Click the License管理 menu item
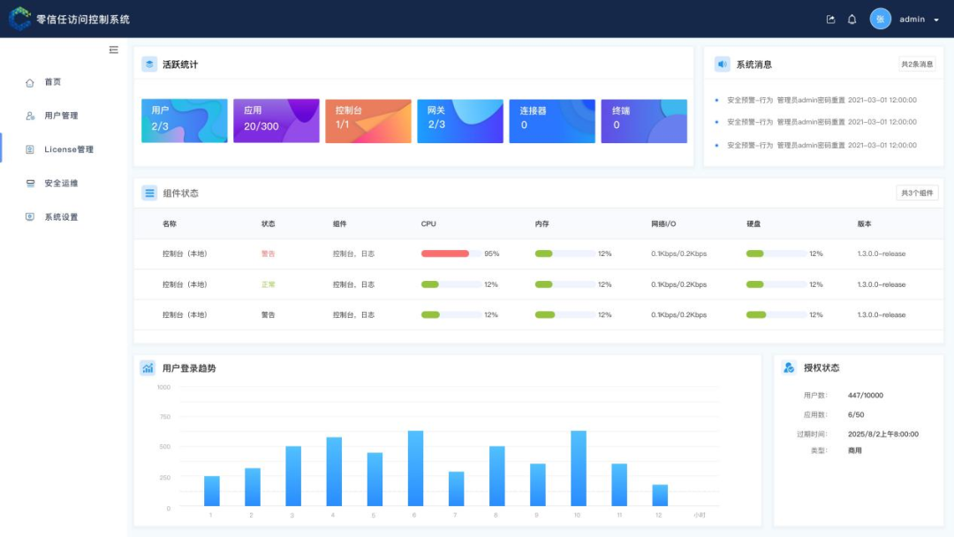pyautogui.click(x=68, y=149)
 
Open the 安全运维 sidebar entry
pyautogui.click(x=61, y=183)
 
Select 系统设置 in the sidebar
pyautogui.click(x=61, y=216)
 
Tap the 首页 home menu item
pyautogui.click(x=53, y=82)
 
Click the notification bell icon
pyautogui.click(x=852, y=19)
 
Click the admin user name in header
pyautogui.click(x=912, y=19)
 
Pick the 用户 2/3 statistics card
pyautogui.click(x=184, y=121)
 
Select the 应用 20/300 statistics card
pyautogui.click(x=276, y=121)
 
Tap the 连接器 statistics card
pyautogui.click(x=551, y=121)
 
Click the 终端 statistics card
pyautogui.click(x=643, y=121)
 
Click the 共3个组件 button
pyautogui.click(x=916, y=193)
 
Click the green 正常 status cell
pyautogui.click(x=269, y=284)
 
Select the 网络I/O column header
pyautogui.click(x=663, y=223)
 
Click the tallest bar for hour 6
pyautogui.click(x=415, y=468)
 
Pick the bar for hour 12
pyautogui.click(x=660, y=495)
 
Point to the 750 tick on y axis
pyautogui.click(x=164, y=417)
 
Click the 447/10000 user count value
pyautogui.click(x=865, y=396)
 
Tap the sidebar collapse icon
pyautogui.click(x=114, y=50)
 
